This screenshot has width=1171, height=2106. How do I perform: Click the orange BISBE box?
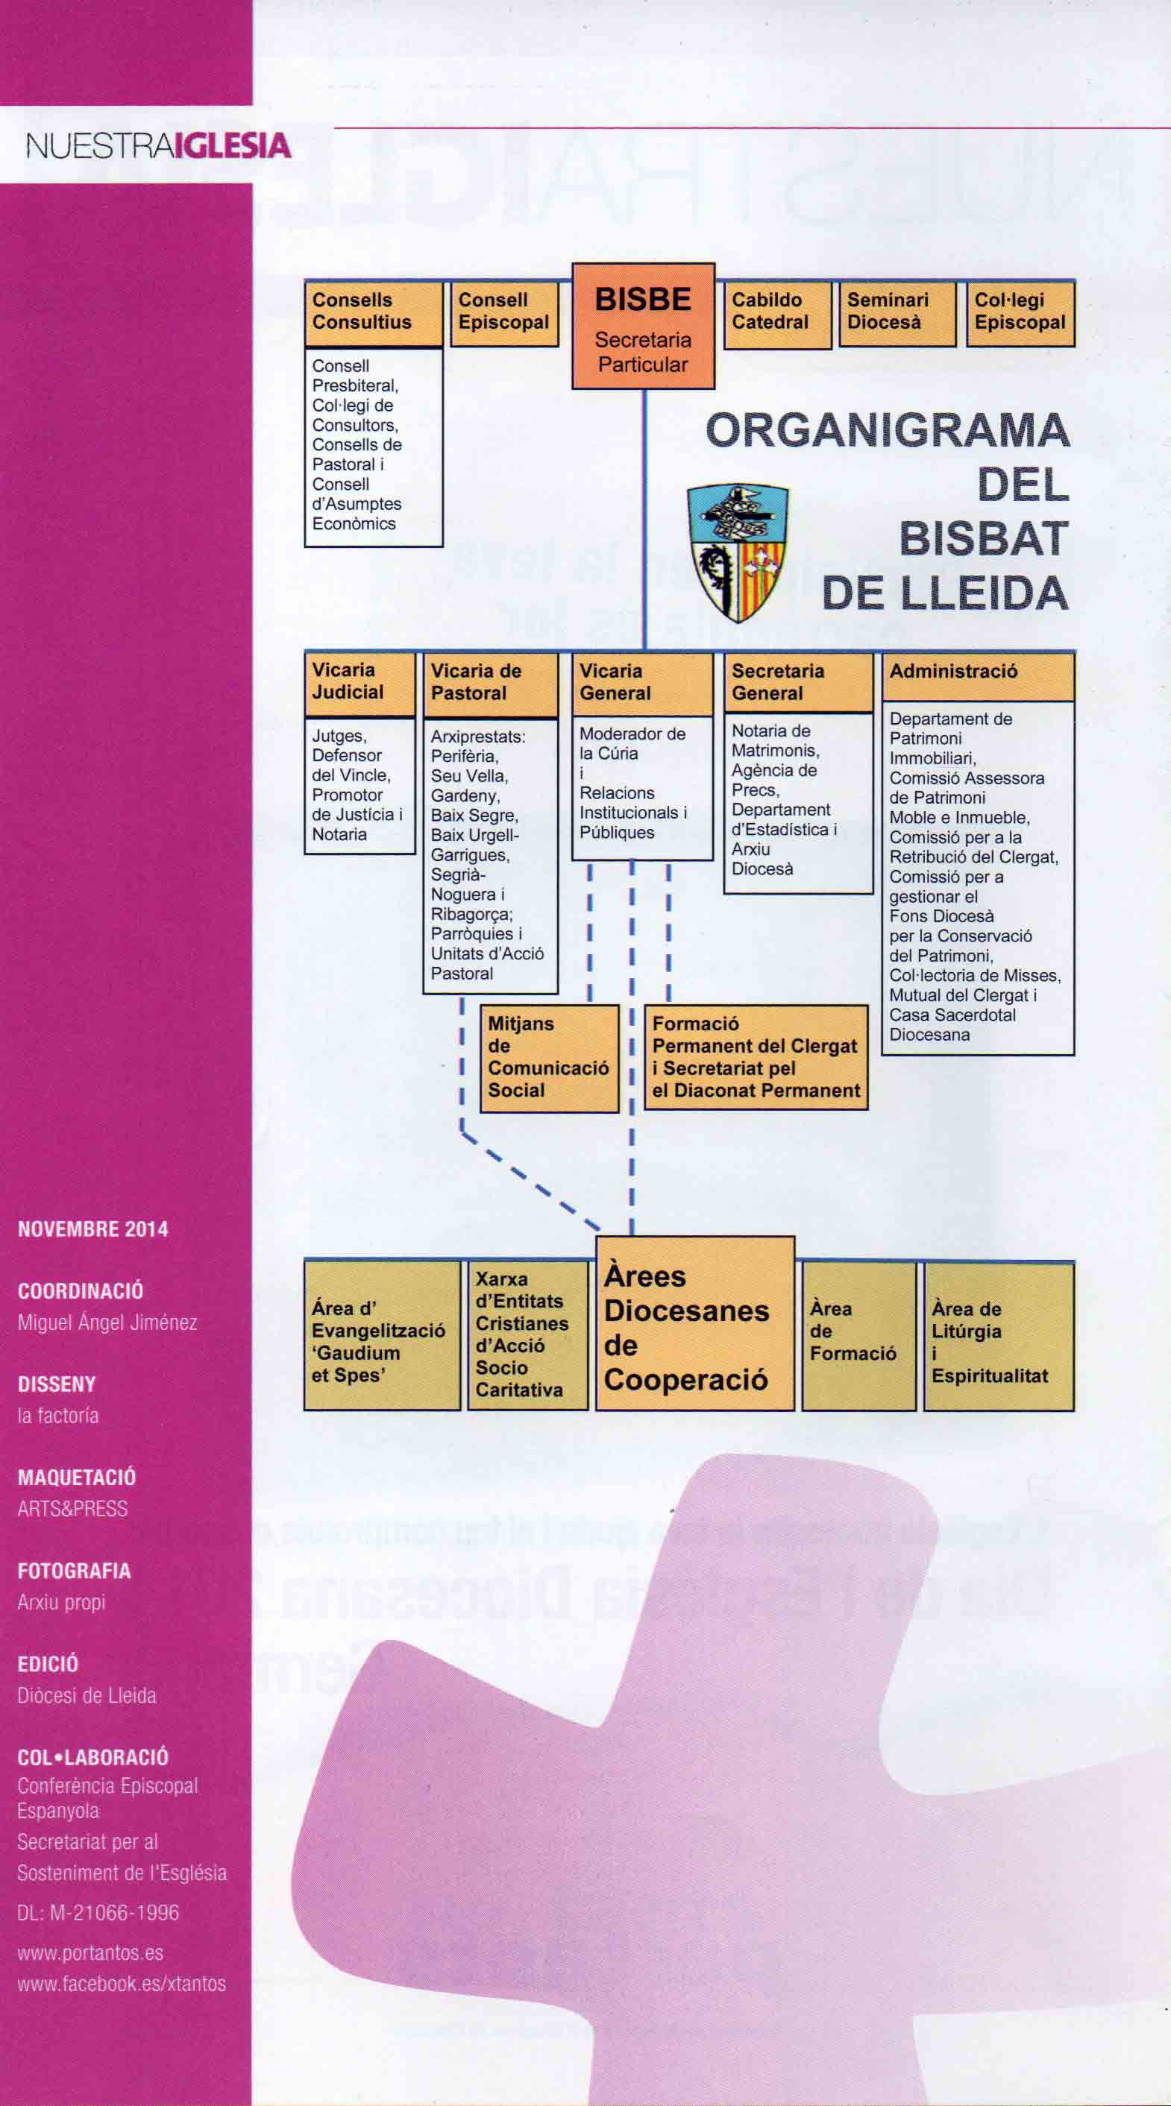[x=643, y=325]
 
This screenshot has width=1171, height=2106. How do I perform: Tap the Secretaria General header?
[x=798, y=683]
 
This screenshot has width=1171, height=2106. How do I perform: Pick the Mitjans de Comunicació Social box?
[x=549, y=1058]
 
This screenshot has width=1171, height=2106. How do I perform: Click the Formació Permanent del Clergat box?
[x=756, y=1057]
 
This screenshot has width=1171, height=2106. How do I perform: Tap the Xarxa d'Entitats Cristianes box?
[x=527, y=1336]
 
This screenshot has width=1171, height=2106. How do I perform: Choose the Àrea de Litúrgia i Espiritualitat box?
[x=999, y=1336]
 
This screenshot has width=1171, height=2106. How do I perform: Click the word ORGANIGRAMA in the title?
[x=888, y=431]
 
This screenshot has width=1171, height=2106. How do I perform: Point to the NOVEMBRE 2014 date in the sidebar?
[x=93, y=1229]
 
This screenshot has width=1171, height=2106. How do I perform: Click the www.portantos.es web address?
[x=91, y=1952]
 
